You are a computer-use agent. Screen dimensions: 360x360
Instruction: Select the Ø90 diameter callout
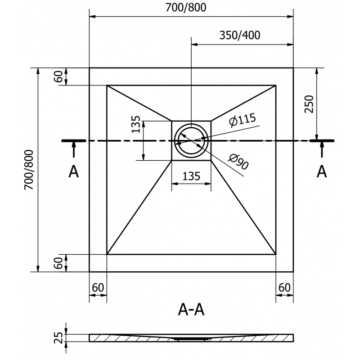(x=238, y=162)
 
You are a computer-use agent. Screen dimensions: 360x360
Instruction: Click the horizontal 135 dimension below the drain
(x=191, y=176)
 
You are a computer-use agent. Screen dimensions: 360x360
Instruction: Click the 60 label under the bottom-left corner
(x=98, y=287)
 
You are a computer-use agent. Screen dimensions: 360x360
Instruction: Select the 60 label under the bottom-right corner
(x=284, y=287)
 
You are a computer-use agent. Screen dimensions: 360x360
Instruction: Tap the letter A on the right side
(x=321, y=171)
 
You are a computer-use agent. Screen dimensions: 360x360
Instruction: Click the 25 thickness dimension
(x=58, y=337)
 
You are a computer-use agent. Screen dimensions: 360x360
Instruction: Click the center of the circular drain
(x=192, y=141)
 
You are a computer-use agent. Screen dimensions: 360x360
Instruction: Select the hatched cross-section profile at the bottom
(x=192, y=337)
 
